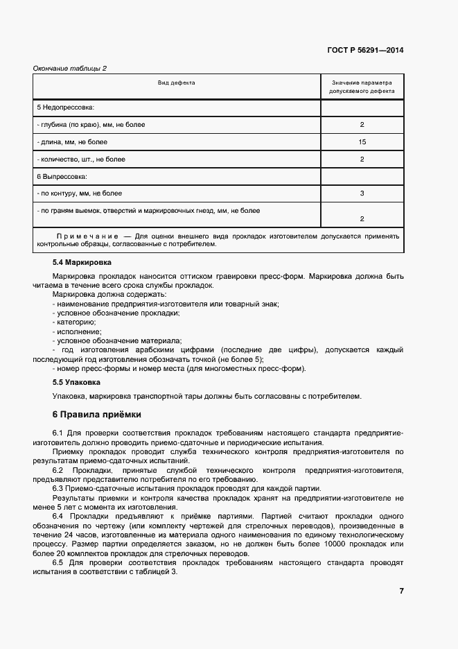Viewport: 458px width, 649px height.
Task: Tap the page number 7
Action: click(401, 591)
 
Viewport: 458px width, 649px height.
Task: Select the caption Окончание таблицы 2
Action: click(69, 68)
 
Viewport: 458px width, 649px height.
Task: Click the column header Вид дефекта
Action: click(176, 83)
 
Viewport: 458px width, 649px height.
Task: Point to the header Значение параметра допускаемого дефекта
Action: click(362, 86)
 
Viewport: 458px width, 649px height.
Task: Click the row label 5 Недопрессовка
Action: click(65, 107)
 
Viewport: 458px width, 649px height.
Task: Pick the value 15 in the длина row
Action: click(362, 142)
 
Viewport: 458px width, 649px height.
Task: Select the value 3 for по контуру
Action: click(362, 193)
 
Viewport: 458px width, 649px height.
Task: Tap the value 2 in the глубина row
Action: click(362, 125)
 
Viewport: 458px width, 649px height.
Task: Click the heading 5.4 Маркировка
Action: click(82, 263)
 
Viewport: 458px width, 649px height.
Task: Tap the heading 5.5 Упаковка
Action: click(77, 381)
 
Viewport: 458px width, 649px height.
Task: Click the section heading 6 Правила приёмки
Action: click(96, 415)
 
